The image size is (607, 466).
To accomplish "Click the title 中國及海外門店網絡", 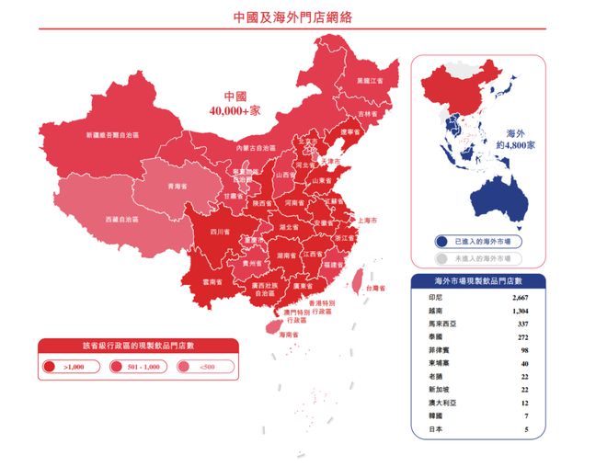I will [292, 17].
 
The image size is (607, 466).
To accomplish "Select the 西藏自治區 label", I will [122, 220].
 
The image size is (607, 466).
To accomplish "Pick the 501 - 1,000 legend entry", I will [138, 367].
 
